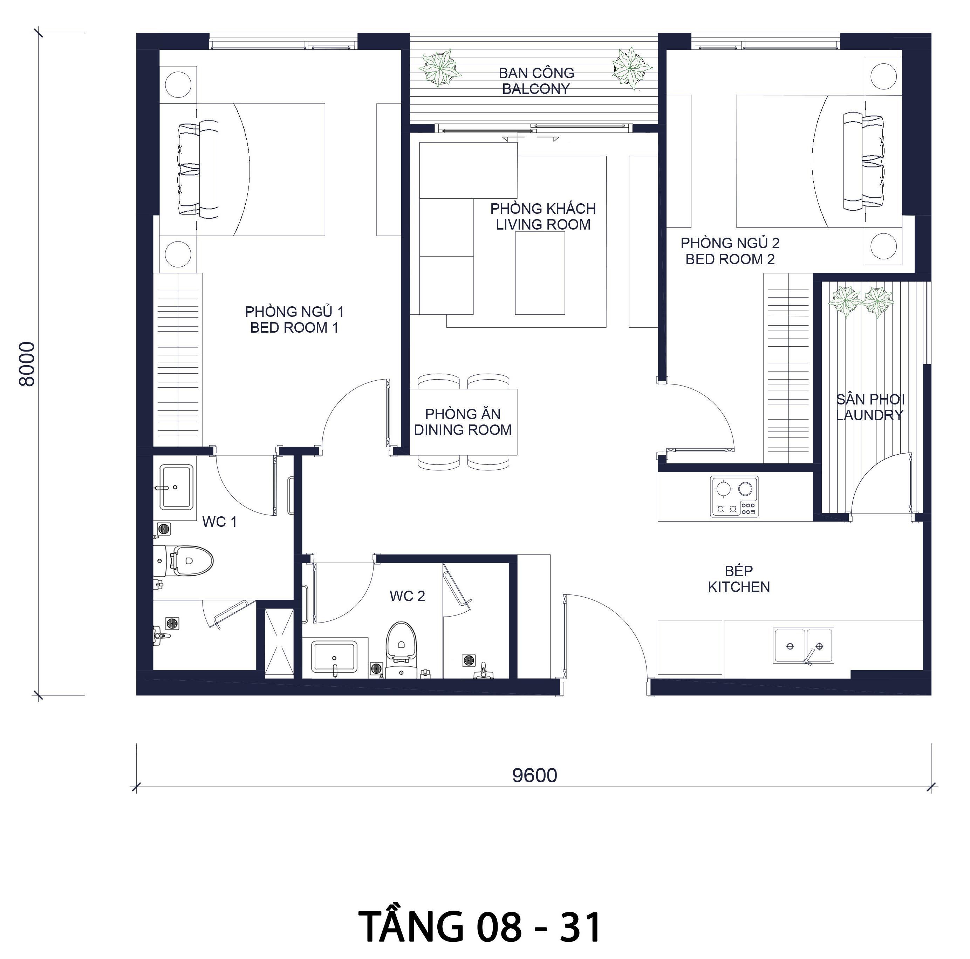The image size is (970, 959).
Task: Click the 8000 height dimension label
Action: click(x=27, y=364)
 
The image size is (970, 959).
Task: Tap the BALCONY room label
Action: click(x=536, y=89)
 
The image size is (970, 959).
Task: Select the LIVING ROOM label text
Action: click(x=543, y=224)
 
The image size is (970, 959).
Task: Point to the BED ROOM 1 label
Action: click(x=294, y=327)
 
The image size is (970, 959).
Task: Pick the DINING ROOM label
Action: click(x=463, y=430)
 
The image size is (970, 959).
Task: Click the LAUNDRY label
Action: click(x=870, y=415)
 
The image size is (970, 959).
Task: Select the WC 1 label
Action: click(x=219, y=522)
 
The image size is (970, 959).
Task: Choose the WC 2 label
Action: click(x=407, y=596)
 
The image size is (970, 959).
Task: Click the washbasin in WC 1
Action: click(x=176, y=487)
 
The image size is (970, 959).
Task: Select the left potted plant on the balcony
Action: click(x=440, y=68)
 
